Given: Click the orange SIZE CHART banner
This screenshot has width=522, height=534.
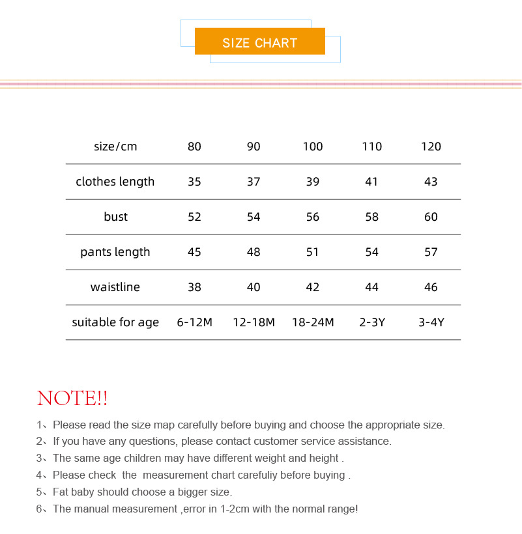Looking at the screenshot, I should tap(259, 42).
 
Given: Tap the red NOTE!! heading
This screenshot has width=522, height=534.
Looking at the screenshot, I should tap(72, 398).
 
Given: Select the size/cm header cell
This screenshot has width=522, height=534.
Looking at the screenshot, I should tap(115, 147).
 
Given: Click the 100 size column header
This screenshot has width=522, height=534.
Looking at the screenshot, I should tap(313, 147).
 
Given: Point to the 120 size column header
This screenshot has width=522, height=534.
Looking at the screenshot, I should tap(431, 147).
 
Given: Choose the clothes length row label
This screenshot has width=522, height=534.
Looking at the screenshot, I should tap(115, 182).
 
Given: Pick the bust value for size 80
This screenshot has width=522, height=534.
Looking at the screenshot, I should tap(194, 217).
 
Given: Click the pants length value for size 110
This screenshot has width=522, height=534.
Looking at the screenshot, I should tap(371, 252).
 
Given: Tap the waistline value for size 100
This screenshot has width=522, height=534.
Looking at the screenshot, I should tap(313, 287).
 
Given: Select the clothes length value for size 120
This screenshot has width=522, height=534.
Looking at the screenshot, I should tap(431, 182).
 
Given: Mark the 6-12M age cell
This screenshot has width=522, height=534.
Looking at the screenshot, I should tap(194, 322).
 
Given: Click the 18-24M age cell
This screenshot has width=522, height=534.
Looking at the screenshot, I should tap(313, 322).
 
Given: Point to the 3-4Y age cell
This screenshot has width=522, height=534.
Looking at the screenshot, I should tap(431, 322).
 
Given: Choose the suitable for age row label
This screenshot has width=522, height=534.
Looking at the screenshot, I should tap(115, 322).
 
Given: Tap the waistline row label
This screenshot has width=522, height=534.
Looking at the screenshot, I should tap(115, 287).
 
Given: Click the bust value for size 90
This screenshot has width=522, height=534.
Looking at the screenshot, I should tap(254, 217).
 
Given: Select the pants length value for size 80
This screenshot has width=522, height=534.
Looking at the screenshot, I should tap(194, 252).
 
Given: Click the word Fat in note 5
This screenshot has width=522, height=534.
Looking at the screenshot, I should tap(61, 492).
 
